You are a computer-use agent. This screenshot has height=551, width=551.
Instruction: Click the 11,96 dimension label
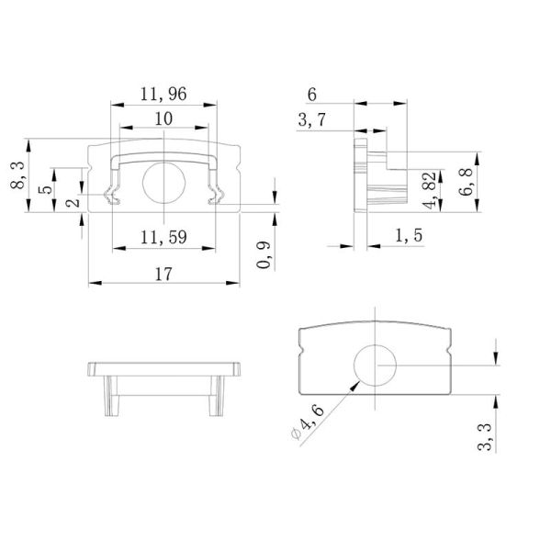(x=163, y=93)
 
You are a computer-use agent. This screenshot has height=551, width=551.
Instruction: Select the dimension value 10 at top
(x=163, y=118)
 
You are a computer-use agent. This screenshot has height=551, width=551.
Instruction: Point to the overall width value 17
(x=163, y=273)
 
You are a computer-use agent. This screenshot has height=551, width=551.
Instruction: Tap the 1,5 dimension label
(x=409, y=237)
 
